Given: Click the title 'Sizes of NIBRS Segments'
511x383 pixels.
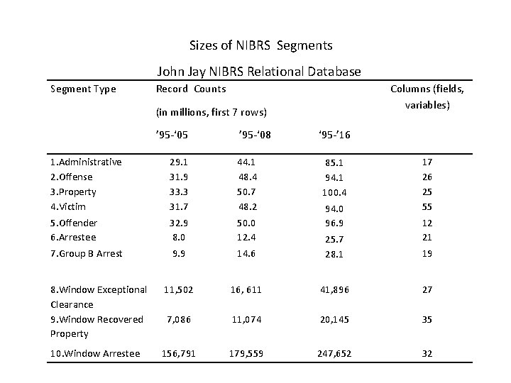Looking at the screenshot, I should coord(260,45).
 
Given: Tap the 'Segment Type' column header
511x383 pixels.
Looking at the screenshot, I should coord(82,89).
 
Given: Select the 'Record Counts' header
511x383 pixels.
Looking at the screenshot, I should coord(190,89).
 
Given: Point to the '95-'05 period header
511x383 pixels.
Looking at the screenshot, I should coord(175,135).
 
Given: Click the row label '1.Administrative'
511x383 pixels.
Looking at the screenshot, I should coord(86,162).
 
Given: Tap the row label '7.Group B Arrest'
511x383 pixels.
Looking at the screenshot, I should coord(87,253).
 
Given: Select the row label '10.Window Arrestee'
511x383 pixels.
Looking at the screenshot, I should coord(95,353).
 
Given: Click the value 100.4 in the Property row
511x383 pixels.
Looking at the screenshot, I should coord(332,192).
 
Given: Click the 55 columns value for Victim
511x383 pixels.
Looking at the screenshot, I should coord(427,206).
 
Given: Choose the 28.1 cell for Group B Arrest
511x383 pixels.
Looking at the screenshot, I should coord(332,254).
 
